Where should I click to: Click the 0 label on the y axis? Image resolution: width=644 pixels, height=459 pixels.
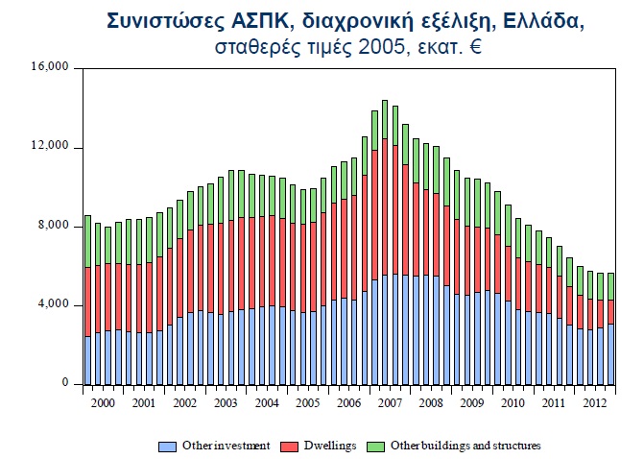[x=66, y=384]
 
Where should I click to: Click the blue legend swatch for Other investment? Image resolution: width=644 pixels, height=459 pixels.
[x=168, y=446]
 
